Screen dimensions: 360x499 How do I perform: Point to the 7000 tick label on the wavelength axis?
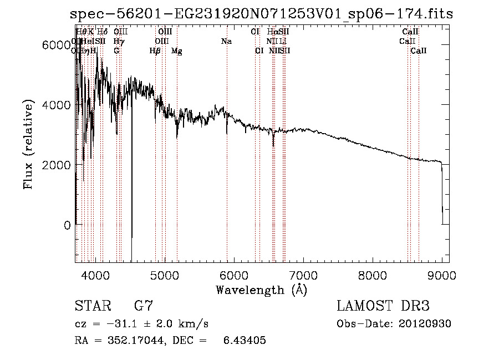tap(303, 274)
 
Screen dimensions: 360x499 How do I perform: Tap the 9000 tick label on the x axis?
tap(442, 274)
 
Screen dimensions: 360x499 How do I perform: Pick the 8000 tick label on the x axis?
tap(373, 274)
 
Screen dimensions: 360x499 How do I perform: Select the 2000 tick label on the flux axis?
tap(58, 165)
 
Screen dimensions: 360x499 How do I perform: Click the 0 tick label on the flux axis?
tap(67, 225)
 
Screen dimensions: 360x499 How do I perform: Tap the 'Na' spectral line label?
tap(226, 42)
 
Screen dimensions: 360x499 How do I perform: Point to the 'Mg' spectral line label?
tap(177, 51)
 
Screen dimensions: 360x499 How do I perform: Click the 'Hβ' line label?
tap(155, 51)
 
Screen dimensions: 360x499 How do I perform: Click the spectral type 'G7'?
tap(144, 306)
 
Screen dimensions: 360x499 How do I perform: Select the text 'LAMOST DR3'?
tap(383, 306)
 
